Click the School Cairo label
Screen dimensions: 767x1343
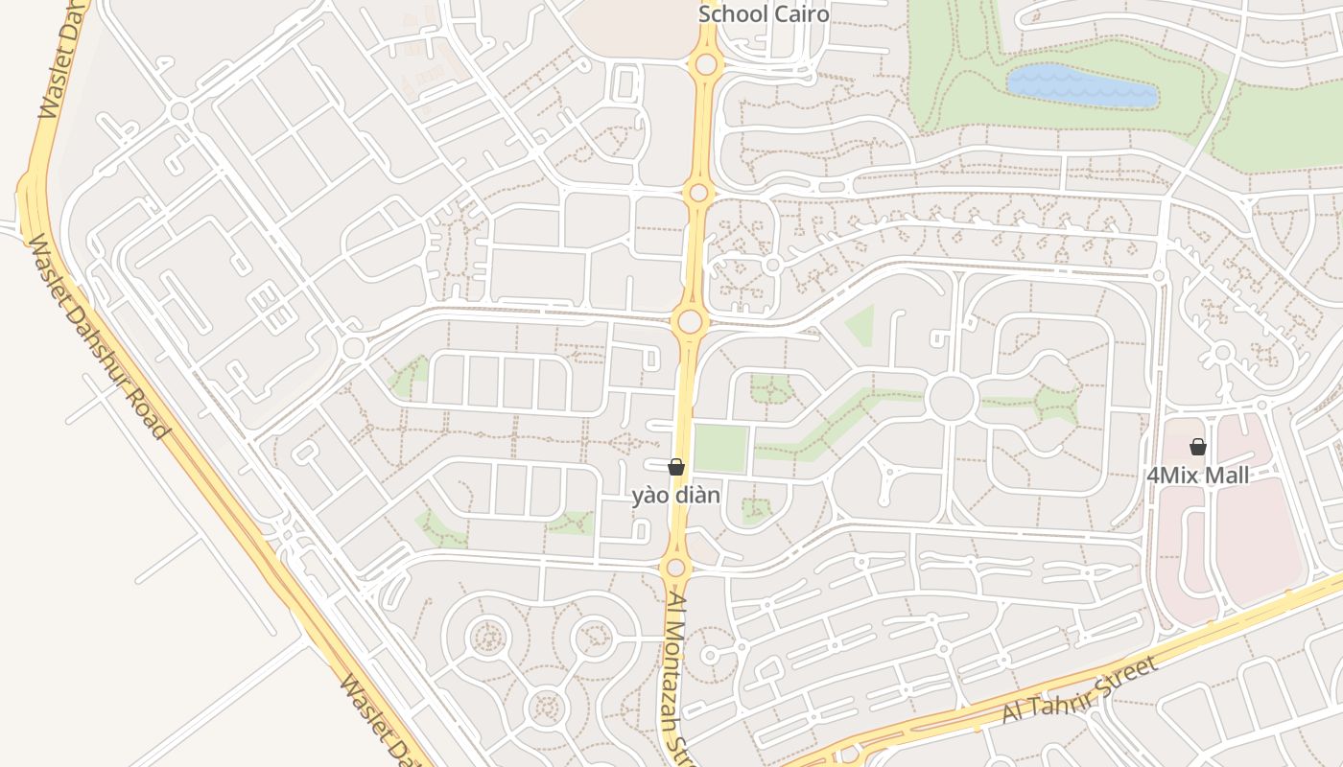click(764, 14)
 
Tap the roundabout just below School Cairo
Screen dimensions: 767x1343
click(707, 64)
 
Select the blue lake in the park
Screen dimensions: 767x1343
click(1081, 85)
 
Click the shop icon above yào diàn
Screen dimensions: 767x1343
click(676, 467)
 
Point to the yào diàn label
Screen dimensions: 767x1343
click(675, 496)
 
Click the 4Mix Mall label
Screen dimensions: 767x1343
click(1198, 476)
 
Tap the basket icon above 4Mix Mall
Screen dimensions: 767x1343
click(1197, 447)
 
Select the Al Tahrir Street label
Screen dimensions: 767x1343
click(1080, 691)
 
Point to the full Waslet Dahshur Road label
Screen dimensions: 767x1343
click(95, 337)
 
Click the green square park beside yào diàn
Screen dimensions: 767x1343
click(720, 448)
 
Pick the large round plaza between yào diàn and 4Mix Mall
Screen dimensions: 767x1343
click(952, 398)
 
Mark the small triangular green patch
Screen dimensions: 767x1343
click(860, 325)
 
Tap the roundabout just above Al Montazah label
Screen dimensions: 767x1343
click(675, 568)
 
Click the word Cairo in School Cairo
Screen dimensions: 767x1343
click(801, 14)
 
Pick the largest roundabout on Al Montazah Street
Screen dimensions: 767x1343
click(690, 321)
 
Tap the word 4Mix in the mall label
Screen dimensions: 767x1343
click(1171, 476)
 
